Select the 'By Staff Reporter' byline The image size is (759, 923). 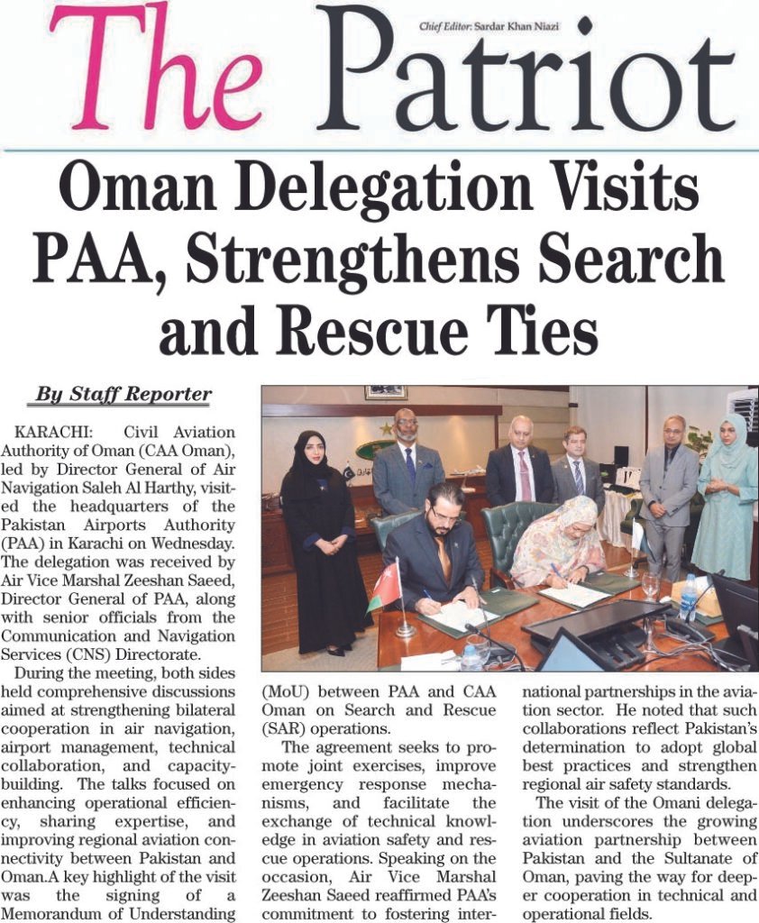point(123,395)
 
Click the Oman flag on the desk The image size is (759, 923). point(387,583)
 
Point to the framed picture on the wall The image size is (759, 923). point(386,392)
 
